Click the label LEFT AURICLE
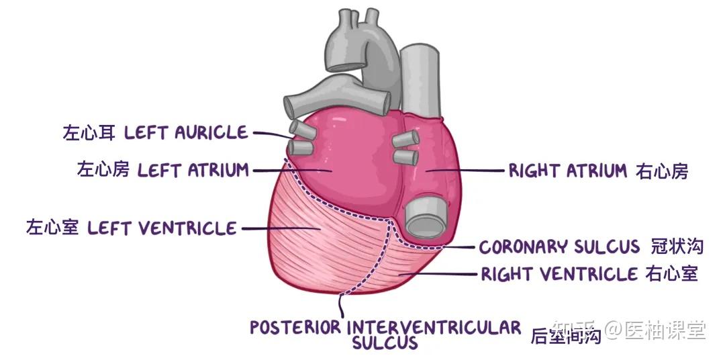tap(186, 132)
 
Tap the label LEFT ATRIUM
tap(193, 170)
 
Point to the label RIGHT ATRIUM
tap(567, 171)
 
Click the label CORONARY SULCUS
tap(559, 247)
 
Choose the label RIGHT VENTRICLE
tap(559, 274)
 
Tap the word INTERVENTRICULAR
tap(434, 328)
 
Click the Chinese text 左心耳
tap(88, 132)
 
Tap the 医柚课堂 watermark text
tap(665, 329)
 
